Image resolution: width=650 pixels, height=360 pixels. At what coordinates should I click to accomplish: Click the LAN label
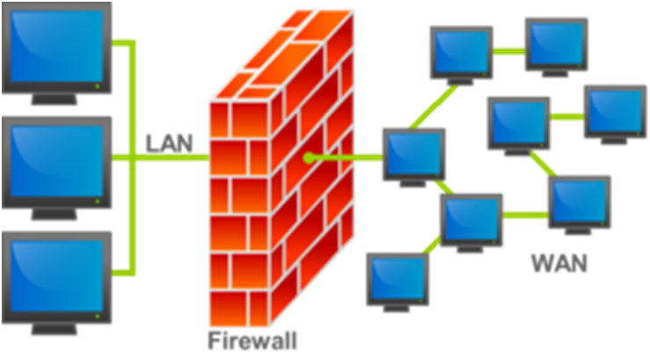pyautogui.click(x=169, y=143)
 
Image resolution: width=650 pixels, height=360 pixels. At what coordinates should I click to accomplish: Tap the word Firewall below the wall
pyautogui.click(x=252, y=341)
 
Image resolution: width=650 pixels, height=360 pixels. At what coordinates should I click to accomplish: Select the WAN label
pyautogui.click(x=559, y=262)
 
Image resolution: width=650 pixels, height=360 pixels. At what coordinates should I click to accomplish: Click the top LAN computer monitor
pyautogui.click(x=56, y=54)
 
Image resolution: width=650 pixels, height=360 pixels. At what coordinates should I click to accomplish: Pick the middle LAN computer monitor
pyautogui.click(x=56, y=168)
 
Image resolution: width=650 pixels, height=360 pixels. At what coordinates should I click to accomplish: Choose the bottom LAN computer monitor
pyautogui.click(x=56, y=283)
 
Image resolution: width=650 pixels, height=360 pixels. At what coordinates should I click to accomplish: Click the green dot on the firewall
pyautogui.click(x=309, y=158)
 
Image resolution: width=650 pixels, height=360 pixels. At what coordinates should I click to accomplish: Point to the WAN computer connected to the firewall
pyautogui.click(x=413, y=158)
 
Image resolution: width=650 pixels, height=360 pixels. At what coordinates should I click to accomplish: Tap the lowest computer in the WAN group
pyautogui.click(x=398, y=282)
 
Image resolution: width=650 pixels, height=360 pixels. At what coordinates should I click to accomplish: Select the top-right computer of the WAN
pyautogui.click(x=556, y=47)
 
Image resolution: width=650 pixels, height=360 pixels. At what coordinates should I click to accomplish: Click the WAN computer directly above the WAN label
pyautogui.click(x=580, y=205)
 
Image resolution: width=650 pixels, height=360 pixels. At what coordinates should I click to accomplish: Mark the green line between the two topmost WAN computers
pyautogui.click(x=509, y=51)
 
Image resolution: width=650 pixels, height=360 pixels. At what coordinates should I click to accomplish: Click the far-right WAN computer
pyautogui.click(x=615, y=114)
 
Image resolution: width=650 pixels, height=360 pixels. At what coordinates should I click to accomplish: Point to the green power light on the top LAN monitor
pyautogui.click(x=98, y=86)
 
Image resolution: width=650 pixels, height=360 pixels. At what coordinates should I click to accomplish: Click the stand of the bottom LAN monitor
pyautogui.click(x=55, y=328)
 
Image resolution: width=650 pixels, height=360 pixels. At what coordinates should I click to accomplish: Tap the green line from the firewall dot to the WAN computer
pyautogui.click(x=346, y=158)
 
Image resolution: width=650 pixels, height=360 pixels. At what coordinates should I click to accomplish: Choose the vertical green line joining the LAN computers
pyautogui.click(x=132, y=158)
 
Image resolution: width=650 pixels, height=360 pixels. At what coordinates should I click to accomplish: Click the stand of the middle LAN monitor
pyautogui.click(x=55, y=214)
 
